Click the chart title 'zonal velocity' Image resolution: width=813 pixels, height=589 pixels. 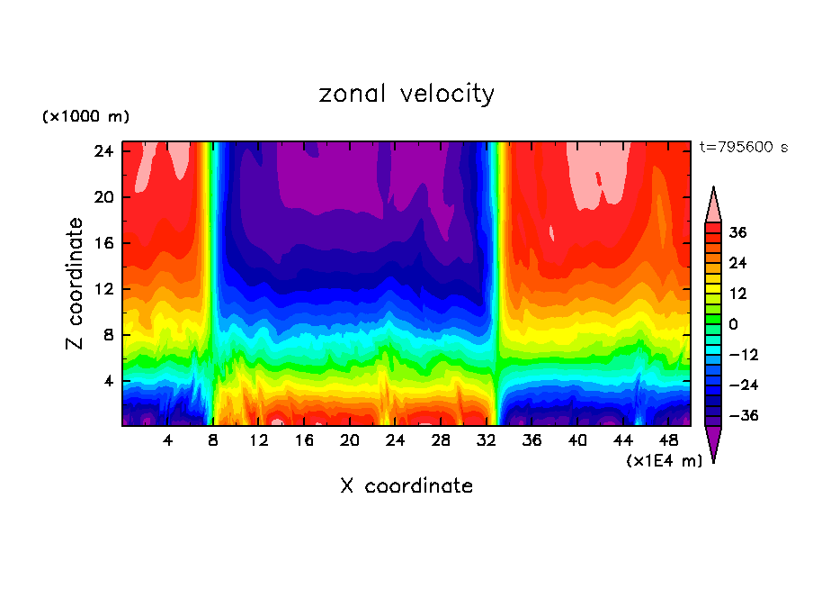click(x=406, y=94)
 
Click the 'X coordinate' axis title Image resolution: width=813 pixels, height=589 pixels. click(x=406, y=486)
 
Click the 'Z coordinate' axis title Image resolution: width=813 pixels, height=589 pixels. click(x=76, y=284)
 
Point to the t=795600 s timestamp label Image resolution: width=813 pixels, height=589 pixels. click(x=743, y=147)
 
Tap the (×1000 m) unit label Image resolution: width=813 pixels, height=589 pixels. click(x=85, y=117)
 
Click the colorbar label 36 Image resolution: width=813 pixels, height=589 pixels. click(x=737, y=232)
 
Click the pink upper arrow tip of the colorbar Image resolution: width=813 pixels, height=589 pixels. click(x=713, y=205)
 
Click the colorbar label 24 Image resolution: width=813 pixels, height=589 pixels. click(x=737, y=263)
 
